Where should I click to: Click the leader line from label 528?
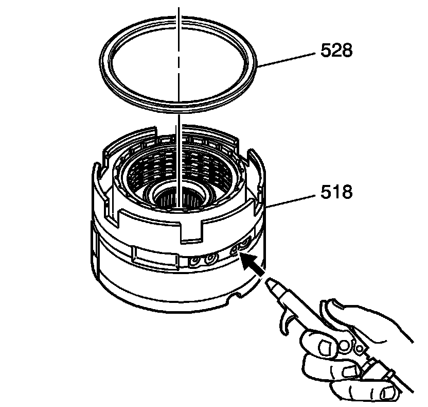(x=286, y=59)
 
